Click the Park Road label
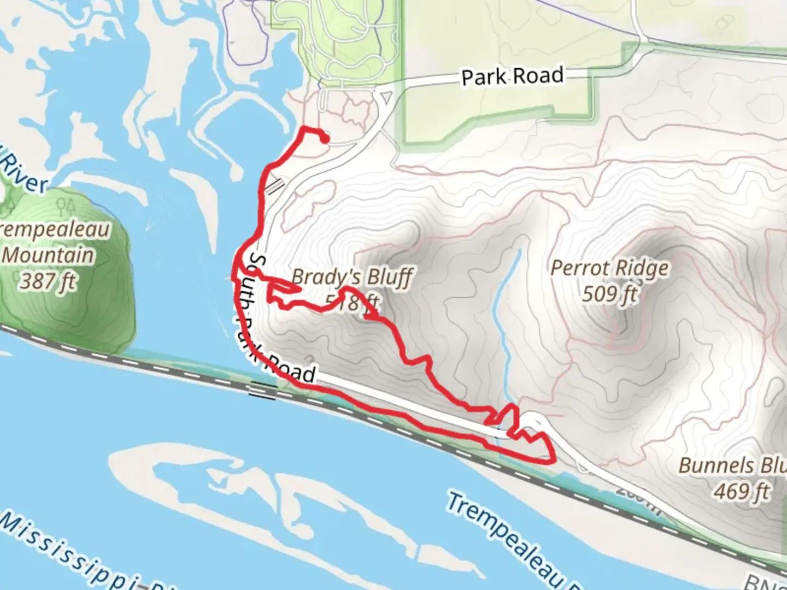(512, 76)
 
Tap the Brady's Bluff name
(353, 278)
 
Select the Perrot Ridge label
(609, 268)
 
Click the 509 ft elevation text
(609, 294)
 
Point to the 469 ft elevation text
(742, 492)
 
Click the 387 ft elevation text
(48, 282)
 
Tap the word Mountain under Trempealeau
(48, 255)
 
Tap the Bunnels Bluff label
(732, 466)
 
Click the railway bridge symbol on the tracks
(263, 390)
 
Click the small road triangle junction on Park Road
(386, 97)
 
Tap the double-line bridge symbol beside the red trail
(276, 186)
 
